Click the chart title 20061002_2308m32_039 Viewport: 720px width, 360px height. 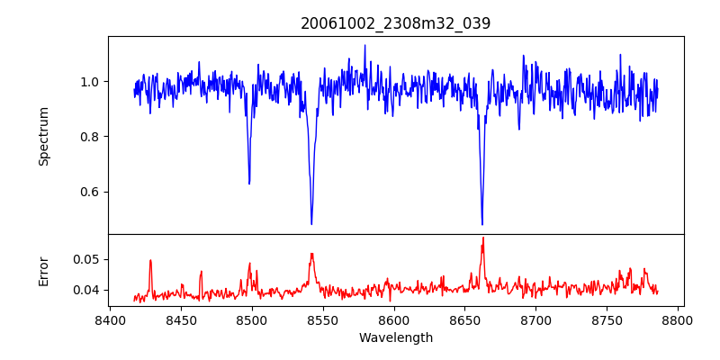[396, 23]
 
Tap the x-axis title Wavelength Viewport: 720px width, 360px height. [396, 338]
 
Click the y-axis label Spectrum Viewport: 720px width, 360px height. [44, 136]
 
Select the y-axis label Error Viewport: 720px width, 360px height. [44, 271]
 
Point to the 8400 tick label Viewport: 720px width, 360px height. [110, 320]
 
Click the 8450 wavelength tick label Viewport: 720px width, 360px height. [181, 320]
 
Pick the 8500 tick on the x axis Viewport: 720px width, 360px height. [252, 320]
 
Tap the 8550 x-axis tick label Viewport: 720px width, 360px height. [323, 320]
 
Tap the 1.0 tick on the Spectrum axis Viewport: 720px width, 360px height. [91, 82]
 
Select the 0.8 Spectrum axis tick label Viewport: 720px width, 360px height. [91, 137]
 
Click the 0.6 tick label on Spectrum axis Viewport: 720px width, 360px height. [91, 192]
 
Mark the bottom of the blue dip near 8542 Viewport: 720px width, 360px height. [311, 224]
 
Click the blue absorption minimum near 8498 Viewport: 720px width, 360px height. [249, 184]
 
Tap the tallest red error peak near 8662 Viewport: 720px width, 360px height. [482, 238]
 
